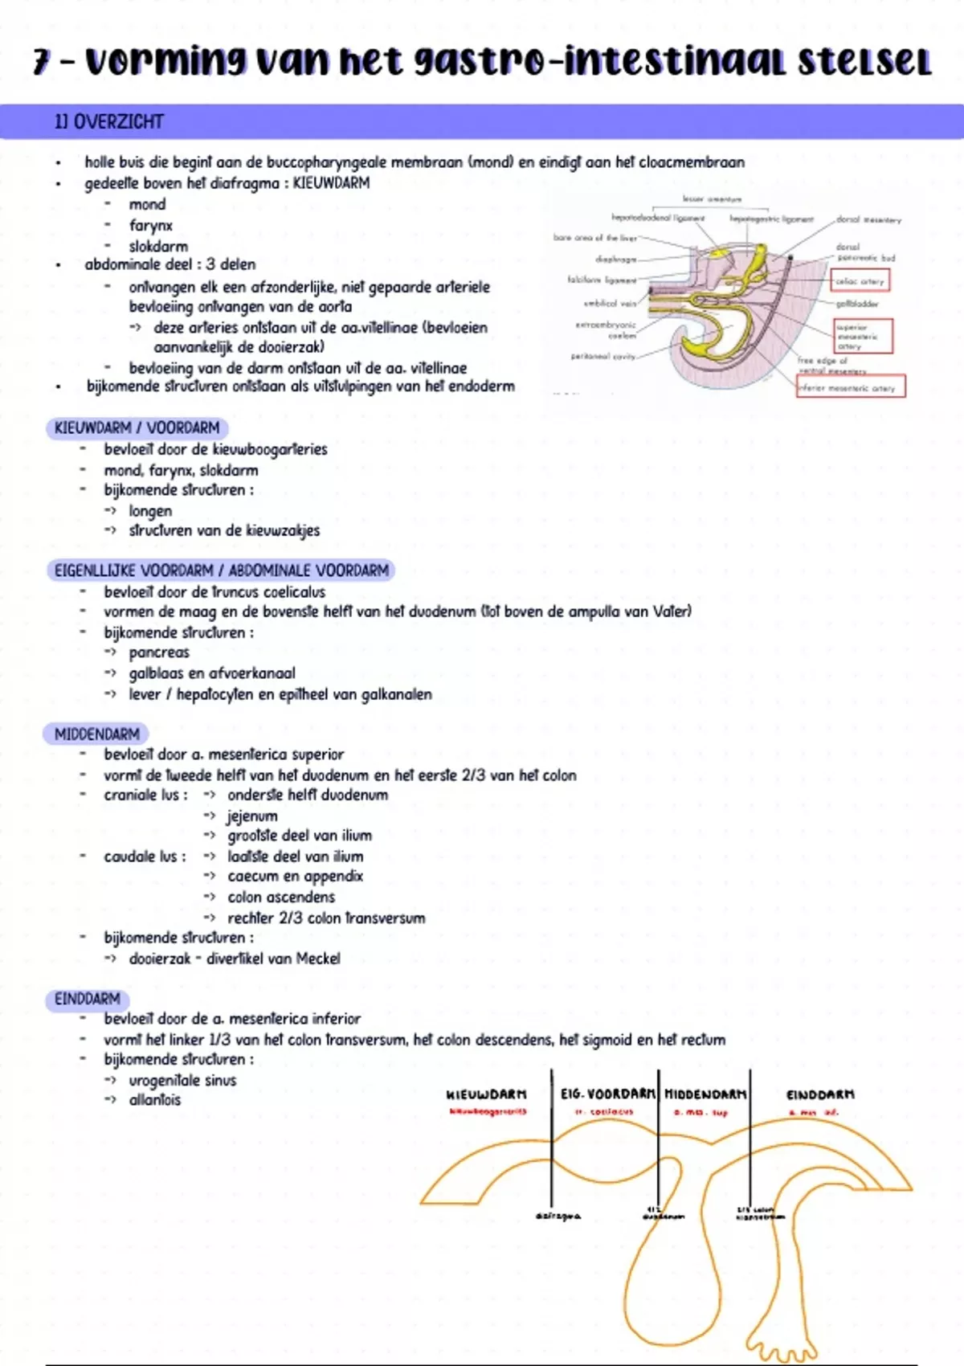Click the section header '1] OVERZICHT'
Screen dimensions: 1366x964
pos(108,122)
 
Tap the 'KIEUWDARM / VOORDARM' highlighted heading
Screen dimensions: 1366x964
pos(137,428)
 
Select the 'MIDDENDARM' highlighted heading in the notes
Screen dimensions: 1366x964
pos(96,734)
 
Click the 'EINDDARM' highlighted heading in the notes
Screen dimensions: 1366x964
pos(87,999)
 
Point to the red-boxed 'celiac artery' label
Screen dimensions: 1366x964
pos(860,281)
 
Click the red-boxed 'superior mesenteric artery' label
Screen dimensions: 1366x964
pos(862,337)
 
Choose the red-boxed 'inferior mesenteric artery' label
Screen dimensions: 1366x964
pos(850,387)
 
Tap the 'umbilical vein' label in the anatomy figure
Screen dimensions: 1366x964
pos(610,304)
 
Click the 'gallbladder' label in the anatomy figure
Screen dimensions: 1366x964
pos(857,304)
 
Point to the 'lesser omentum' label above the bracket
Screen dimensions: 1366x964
pos(712,198)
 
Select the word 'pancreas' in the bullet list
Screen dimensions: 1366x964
pos(159,652)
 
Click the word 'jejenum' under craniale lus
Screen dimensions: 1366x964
pos(252,816)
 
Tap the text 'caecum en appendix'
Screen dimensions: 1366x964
pos(295,876)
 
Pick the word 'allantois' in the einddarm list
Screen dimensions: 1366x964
pos(155,1100)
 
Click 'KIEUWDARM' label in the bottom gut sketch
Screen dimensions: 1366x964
pos(487,1094)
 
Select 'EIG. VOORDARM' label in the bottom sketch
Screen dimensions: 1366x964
pos(607,1094)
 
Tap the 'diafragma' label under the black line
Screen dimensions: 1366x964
pos(558,1217)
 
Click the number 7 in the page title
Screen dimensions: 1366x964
pos(42,62)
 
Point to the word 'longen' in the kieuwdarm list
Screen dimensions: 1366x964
pos(150,511)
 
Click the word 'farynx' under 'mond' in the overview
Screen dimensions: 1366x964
pos(150,226)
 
